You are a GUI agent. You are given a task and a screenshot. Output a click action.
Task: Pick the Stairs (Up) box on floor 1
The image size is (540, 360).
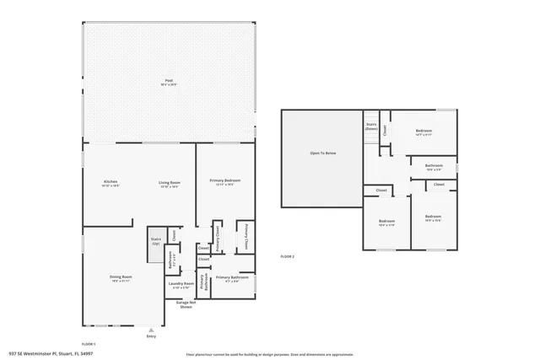pos(156,241)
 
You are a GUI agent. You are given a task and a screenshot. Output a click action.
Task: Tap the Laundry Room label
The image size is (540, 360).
pos(181,285)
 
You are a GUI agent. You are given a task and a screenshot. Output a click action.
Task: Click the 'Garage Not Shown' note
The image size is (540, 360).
pos(186,304)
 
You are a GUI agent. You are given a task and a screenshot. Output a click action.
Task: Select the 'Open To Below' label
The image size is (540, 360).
pos(323,153)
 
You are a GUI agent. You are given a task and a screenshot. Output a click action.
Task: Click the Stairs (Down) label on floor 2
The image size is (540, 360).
pos(371,126)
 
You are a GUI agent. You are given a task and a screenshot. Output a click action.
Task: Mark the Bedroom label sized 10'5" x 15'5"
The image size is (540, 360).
pos(433,218)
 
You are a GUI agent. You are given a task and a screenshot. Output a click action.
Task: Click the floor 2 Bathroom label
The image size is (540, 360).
pos(434,167)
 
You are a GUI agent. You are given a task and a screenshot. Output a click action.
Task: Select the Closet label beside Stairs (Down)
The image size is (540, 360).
pos(385,130)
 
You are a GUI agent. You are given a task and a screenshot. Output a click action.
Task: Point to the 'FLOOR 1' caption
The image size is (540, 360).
pos(89,344)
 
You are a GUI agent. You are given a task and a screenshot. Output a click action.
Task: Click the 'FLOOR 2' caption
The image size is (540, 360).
pos(288,255)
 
